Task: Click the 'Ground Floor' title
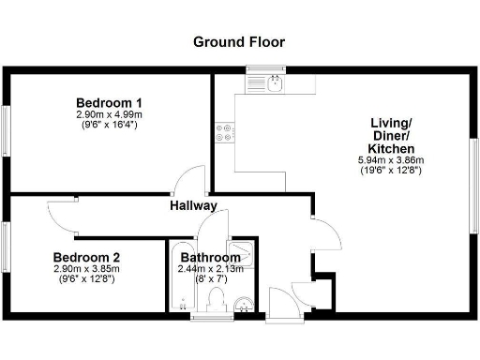239,42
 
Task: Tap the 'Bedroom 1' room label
109,102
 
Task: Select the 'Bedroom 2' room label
86,257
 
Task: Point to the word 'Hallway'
194,205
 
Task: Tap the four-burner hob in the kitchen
226,133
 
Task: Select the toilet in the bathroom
217,301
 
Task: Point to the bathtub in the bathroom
180,281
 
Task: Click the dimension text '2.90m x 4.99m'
109,114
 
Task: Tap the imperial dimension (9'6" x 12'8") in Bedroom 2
86,279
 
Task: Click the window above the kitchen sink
265,68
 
